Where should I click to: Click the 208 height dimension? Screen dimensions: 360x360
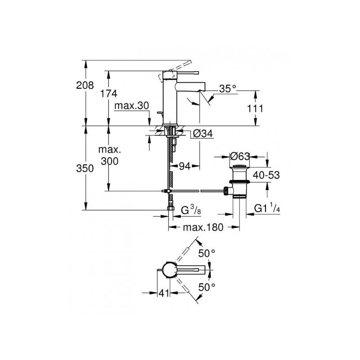click(85, 85)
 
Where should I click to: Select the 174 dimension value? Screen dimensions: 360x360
click(108, 94)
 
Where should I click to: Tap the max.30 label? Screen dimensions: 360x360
click(131, 106)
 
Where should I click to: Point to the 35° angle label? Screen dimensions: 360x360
click(228, 89)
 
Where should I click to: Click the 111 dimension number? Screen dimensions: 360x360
click(255, 108)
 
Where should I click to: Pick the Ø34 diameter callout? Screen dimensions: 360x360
click(203, 133)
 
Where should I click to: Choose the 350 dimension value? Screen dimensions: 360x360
click(85, 168)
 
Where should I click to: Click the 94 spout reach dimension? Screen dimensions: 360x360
click(184, 166)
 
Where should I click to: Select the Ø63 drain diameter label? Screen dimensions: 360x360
click(240, 157)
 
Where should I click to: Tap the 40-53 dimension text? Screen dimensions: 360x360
click(266, 175)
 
